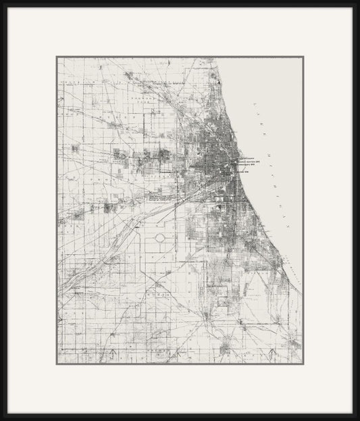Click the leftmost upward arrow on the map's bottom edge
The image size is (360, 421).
[x=114, y=353]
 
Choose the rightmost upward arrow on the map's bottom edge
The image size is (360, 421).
[x=271, y=353]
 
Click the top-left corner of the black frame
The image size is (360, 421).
[x=2, y=2]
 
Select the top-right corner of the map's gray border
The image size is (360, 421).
[x=303, y=57]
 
